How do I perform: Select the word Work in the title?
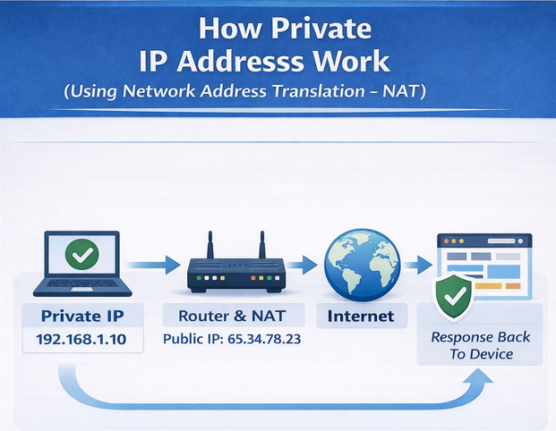coord(348,61)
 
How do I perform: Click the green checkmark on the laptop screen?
coord(82,256)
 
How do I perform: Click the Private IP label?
coord(82,316)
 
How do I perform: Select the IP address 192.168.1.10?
coord(82,341)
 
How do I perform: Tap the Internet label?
coord(360,316)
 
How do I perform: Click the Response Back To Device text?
coord(481,345)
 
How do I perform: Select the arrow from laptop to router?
coord(152,264)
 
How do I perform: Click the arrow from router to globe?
coord(304,264)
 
